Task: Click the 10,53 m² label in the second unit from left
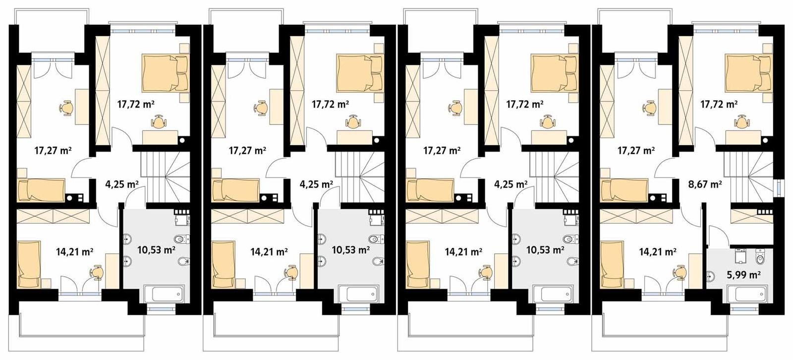(350, 249)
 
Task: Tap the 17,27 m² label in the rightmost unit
(636, 150)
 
